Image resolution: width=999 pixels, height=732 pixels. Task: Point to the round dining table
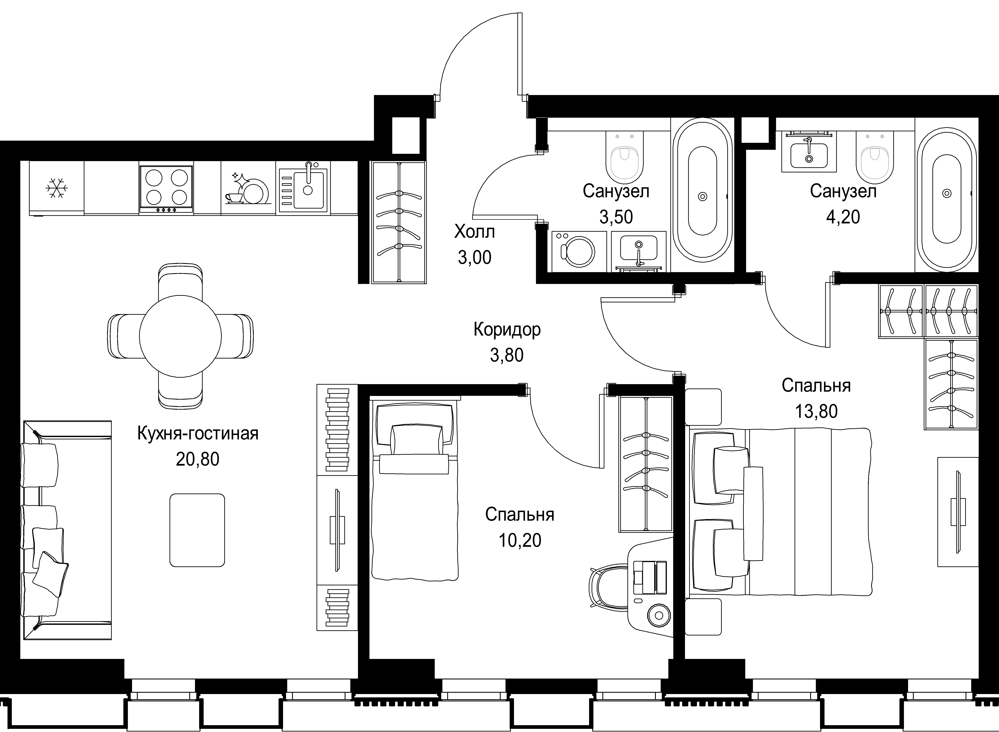[180, 336]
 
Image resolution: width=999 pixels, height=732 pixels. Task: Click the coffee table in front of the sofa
[197, 530]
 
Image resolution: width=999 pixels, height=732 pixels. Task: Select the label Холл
[474, 232]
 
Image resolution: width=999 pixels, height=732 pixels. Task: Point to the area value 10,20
[520, 541]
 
